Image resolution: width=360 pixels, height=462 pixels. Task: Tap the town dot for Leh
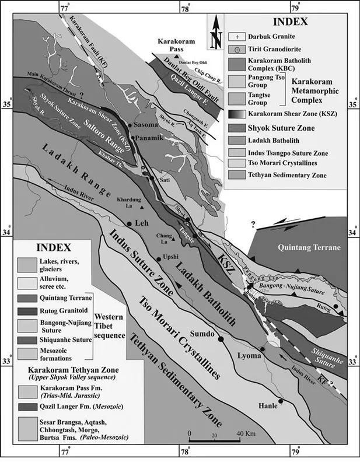[x=129, y=223]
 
